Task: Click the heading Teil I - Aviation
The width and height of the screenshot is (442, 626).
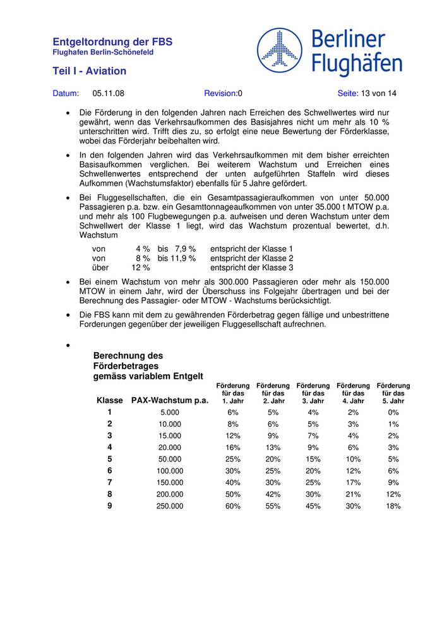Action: [x=89, y=71]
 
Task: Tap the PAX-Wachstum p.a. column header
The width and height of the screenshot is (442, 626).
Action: [x=169, y=400]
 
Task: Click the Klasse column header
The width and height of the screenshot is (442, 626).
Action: [x=110, y=400]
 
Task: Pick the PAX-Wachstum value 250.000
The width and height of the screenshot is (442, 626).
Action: [x=169, y=506]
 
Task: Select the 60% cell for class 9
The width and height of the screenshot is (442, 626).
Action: [x=232, y=506]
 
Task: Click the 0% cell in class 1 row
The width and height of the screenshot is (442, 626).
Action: [x=393, y=412]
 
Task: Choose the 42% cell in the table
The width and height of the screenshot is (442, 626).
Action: [x=273, y=494]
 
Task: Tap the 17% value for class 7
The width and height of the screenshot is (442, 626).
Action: [x=353, y=482]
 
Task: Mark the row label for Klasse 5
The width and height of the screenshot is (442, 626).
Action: [x=110, y=459]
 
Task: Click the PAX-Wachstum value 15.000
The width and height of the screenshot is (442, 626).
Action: [x=169, y=436]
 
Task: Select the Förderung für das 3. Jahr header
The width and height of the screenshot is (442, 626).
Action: [x=313, y=393]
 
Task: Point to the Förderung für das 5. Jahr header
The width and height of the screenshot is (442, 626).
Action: [x=393, y=393]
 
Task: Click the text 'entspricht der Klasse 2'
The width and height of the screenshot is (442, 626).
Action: [x=251, y=258]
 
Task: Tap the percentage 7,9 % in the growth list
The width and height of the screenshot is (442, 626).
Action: [x=185, y=249]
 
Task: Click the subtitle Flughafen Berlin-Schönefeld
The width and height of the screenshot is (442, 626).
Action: [x=103, y=52]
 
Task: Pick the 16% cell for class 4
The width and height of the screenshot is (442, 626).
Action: [x=232, y=448]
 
